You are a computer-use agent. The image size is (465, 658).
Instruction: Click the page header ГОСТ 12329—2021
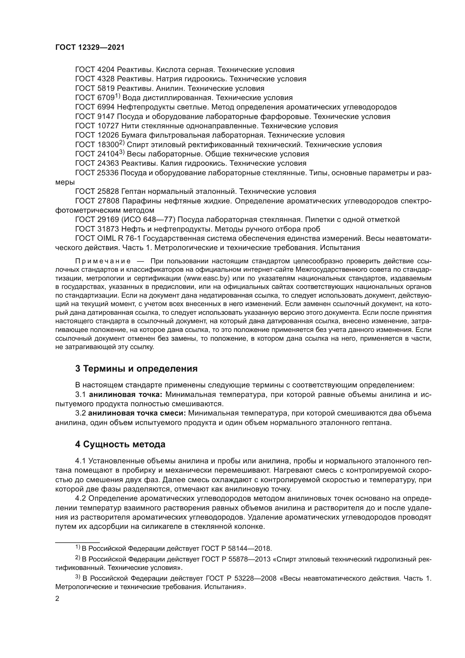[90, 48]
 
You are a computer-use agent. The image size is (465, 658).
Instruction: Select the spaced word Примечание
[103, 261]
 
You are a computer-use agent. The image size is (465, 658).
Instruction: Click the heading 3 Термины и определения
[136, 369]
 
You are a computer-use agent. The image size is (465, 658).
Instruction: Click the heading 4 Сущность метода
[120, 444]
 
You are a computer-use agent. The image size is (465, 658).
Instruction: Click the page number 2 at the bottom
[57, 599]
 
